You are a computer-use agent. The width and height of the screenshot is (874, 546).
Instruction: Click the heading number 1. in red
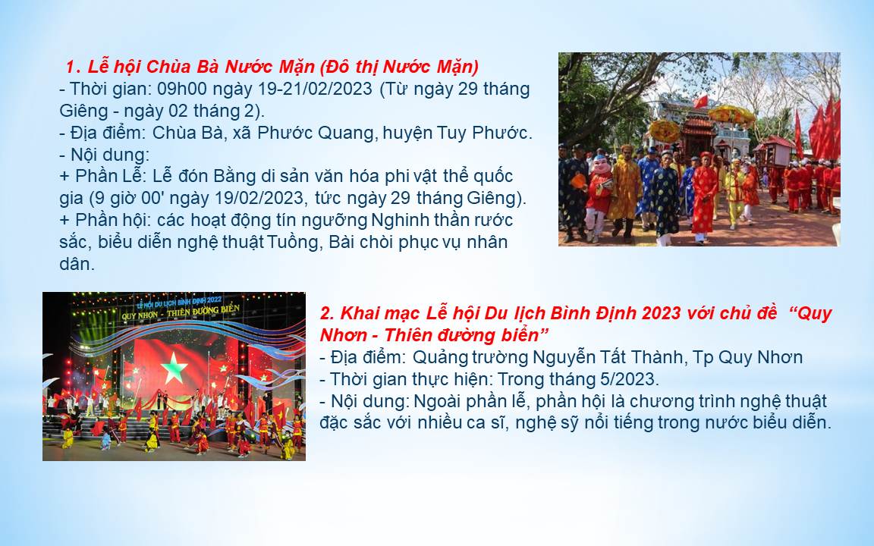[74, 67]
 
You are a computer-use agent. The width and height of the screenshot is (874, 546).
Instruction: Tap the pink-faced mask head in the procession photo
[601, 165]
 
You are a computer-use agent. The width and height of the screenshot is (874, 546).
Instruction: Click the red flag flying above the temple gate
[700, 102]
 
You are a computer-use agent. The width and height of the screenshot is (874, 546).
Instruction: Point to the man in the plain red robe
[704, 195]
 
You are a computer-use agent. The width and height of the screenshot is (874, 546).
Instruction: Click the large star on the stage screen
[174, 368]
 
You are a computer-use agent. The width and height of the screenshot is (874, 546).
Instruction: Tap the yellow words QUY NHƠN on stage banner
[142, 316]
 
